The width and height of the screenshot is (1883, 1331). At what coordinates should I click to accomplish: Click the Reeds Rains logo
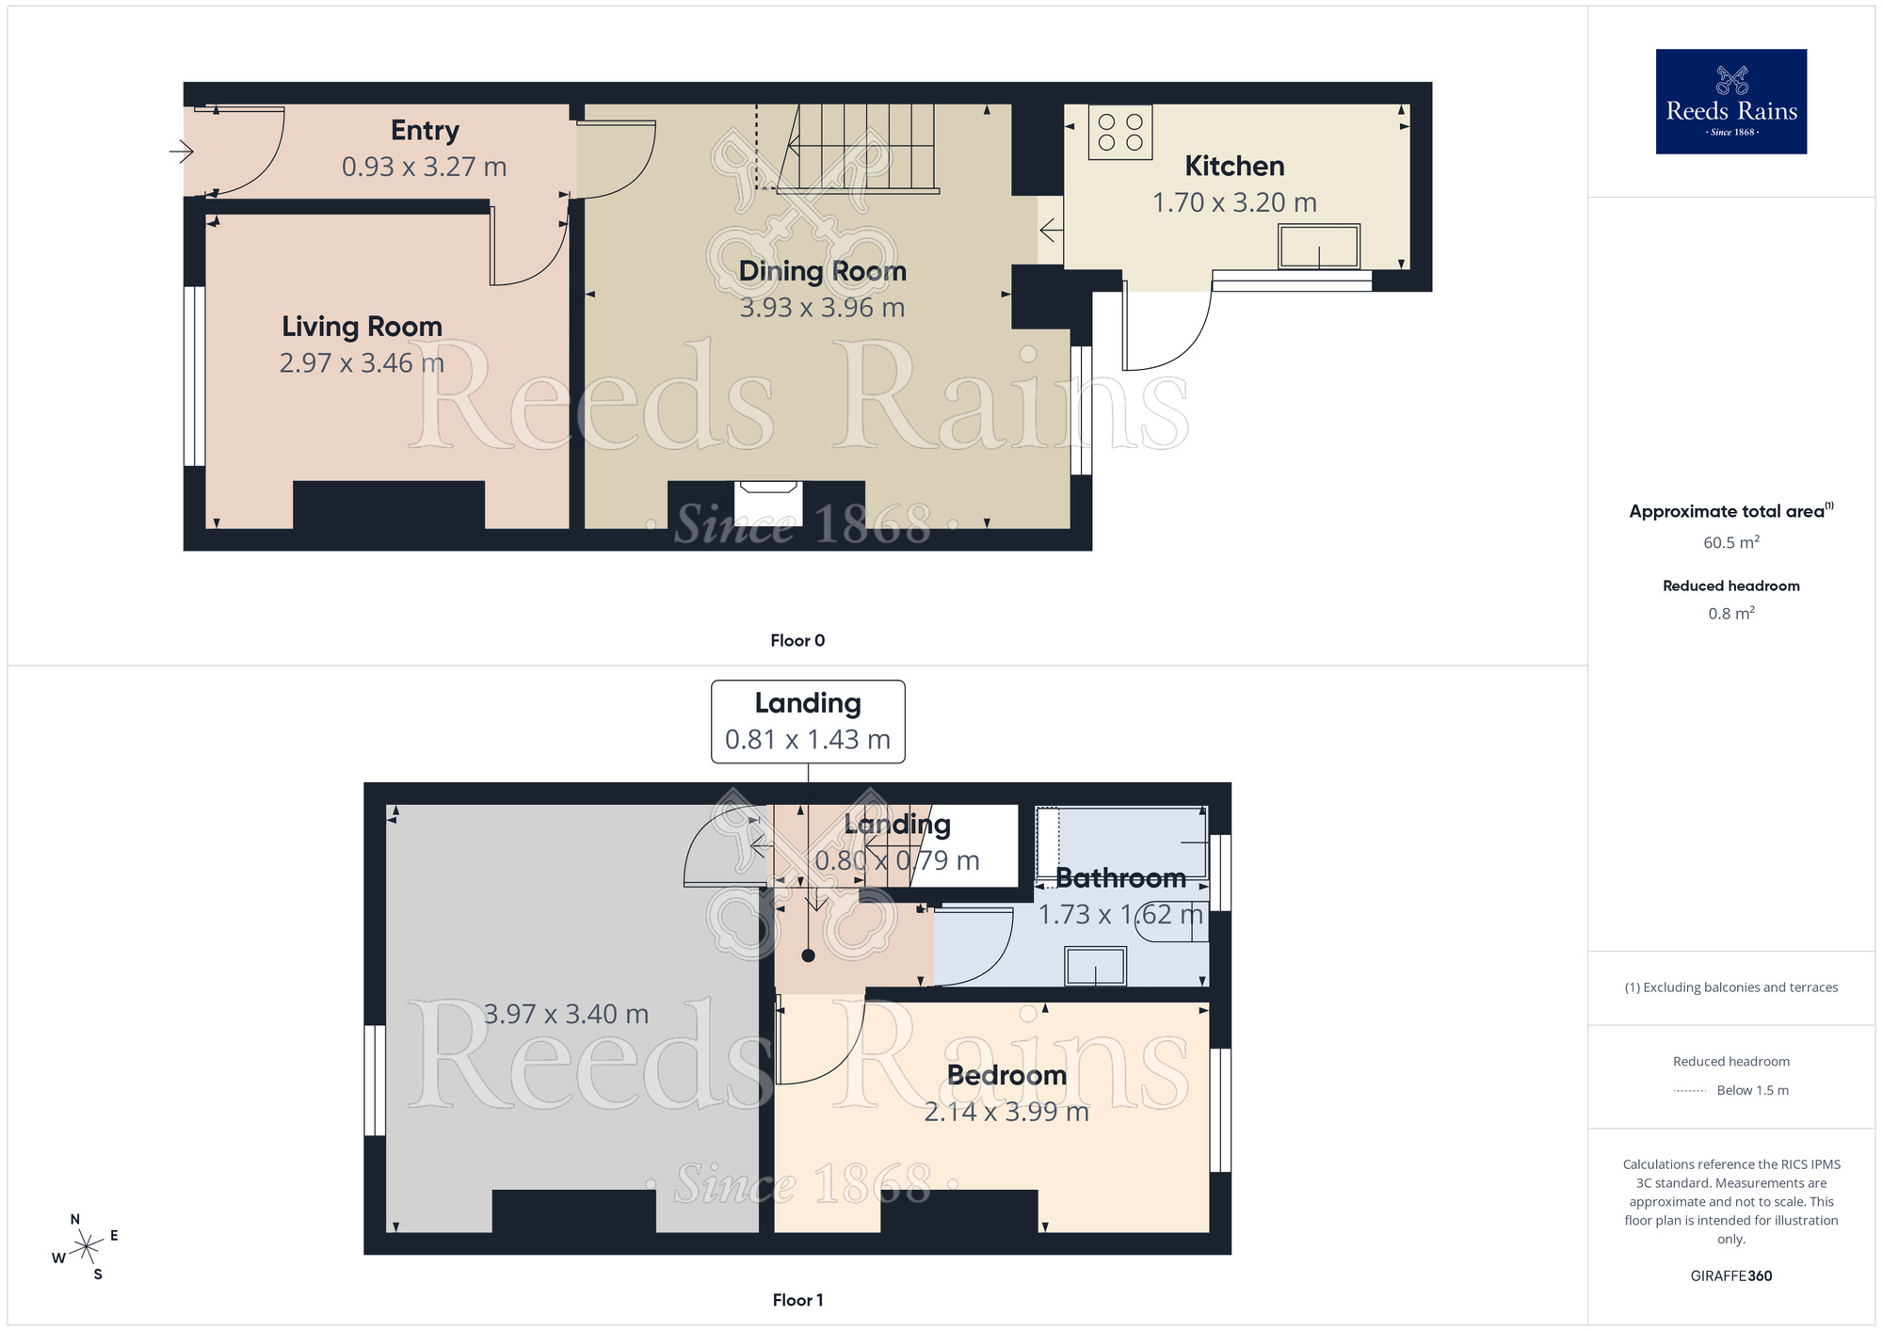coord(1730,102)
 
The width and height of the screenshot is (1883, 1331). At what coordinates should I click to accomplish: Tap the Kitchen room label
coord(1234,167)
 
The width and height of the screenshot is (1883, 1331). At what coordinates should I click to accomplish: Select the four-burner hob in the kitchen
coord(1120,133)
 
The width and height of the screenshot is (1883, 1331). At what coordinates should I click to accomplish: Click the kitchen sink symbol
coord(1318,248)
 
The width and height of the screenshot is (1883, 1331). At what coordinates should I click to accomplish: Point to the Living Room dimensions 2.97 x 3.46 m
coord(362,363)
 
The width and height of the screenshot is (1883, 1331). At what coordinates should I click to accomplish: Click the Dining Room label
coord(822,271)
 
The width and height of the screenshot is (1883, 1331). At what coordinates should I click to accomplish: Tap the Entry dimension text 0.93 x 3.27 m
coord(424,168)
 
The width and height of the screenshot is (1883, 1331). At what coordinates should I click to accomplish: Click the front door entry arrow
coord(182,151)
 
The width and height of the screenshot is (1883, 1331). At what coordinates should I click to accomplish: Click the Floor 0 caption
coord(797,640)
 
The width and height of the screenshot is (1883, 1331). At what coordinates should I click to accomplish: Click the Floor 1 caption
coord(797,1300)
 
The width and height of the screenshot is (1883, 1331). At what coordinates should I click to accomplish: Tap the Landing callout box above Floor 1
coord(808,722)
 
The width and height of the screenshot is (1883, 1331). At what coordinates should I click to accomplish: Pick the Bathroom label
coord(1120,878)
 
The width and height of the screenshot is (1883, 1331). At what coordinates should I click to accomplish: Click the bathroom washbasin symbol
coord(1095,966)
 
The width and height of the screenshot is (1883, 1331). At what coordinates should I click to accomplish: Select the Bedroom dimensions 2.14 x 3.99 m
coord(1006,1113)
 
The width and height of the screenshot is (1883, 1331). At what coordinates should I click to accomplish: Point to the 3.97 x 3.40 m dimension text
coord(566,1015)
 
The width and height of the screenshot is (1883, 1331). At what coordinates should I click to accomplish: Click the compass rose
coord(87,1246)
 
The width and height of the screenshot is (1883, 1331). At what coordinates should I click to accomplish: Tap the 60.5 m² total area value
coord(1730,542)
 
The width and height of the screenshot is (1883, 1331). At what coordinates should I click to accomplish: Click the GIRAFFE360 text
coord(1730,1276)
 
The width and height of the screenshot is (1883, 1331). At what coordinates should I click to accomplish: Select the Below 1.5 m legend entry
coord(1751,1090)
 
